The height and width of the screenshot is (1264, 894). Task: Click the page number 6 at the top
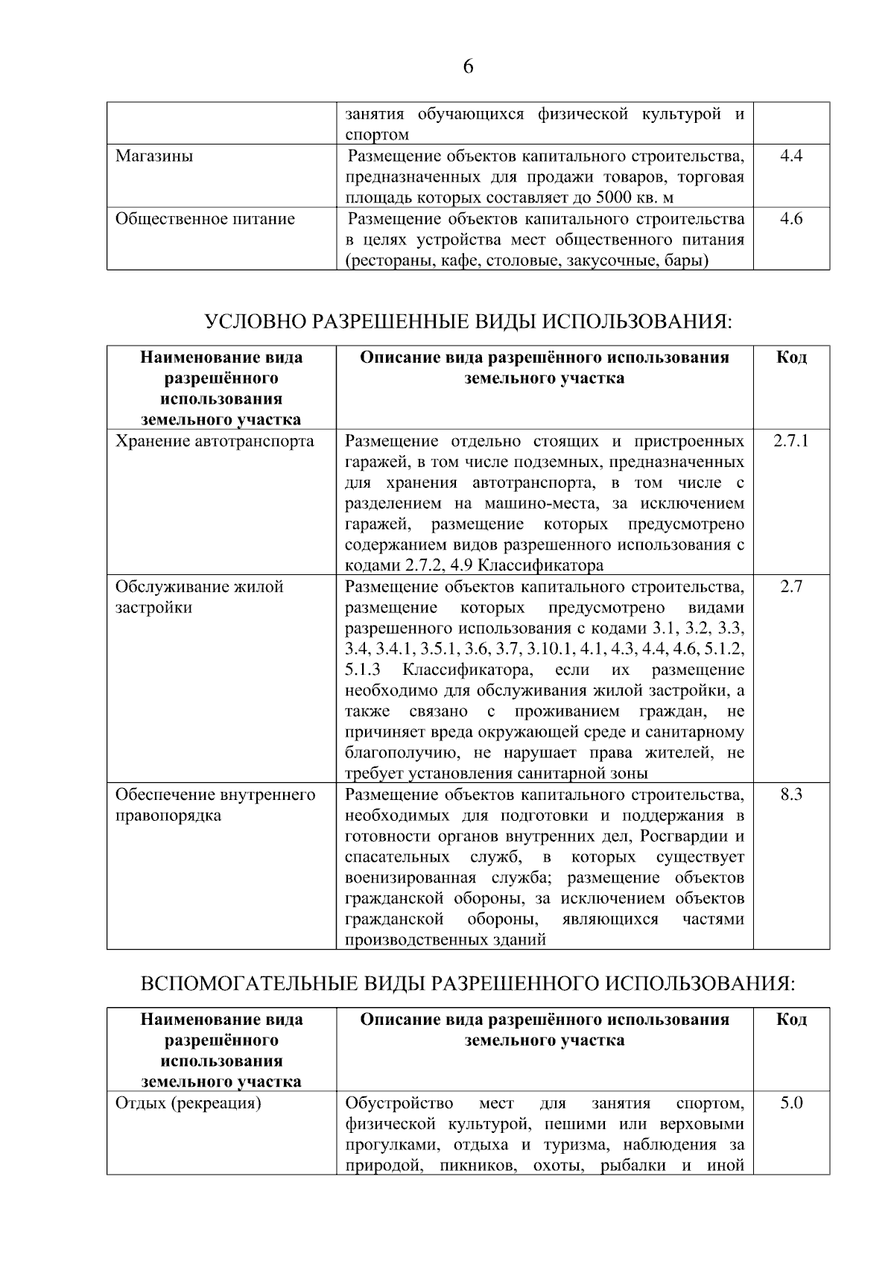[x=468, y=68]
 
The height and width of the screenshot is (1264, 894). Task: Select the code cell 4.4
[x=790, y=156]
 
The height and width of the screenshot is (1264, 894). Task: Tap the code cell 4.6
[x=790, y=219]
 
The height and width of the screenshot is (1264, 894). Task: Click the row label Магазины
[x=154, y=156]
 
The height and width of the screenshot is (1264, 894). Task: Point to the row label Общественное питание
[x=205, y=219]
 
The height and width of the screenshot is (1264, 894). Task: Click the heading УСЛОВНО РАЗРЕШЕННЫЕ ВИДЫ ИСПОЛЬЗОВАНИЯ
[x=468, y=322]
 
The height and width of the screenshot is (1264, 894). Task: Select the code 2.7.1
[x=790, y=441]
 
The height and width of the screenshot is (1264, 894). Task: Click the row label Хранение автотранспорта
[x=215, y=441]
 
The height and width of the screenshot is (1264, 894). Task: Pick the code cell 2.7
[x=790, y=587]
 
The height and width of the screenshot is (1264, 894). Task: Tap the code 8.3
[x=790, y=795]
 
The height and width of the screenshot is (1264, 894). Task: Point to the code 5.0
[x=790, y=1103]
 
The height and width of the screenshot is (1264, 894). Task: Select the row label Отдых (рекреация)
[x=188, y=1103]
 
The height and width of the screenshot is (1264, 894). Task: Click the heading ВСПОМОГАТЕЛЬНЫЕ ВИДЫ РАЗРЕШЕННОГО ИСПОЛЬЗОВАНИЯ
[x=468, y=984]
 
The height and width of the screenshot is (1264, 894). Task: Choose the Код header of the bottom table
[x=790, y=1020]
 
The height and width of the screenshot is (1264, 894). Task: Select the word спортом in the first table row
[x=377, y=136]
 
